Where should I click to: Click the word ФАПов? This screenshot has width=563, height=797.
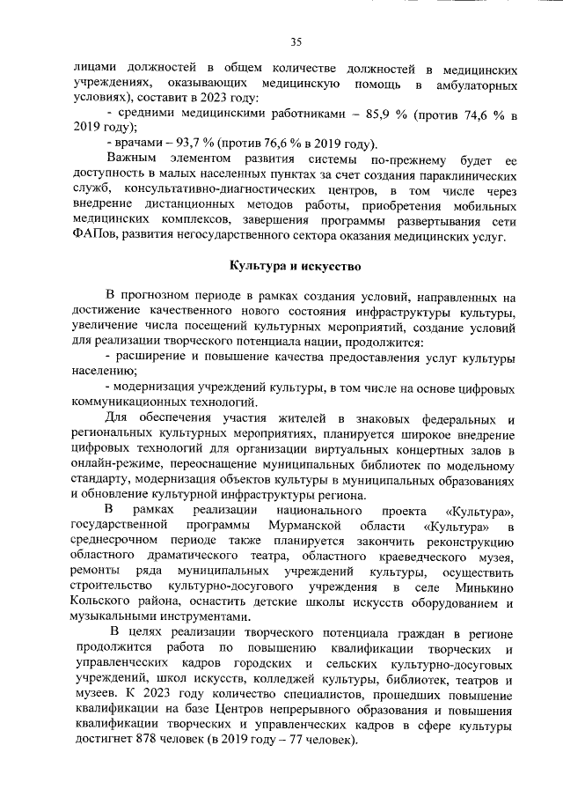[x=93, y=236]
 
